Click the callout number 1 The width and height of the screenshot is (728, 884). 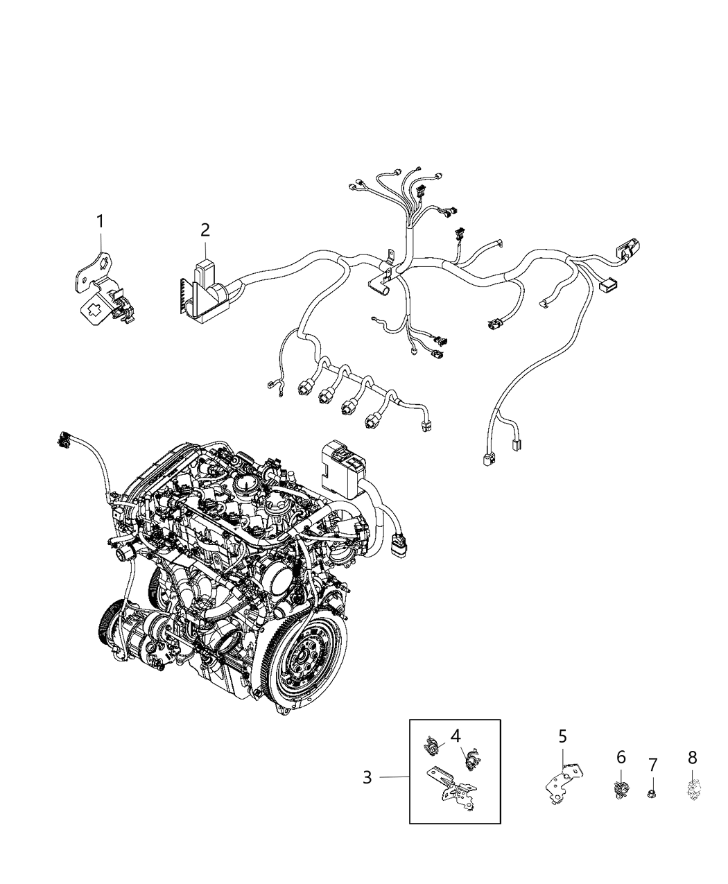click(x=101, y=222)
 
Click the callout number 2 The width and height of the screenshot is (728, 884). click(x=205, y=229)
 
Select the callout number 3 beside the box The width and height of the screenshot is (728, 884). click(x=367, y=777)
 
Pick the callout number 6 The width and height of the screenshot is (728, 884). click(x=621, y=758)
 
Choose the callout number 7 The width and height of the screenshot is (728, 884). click(x=652, y=765)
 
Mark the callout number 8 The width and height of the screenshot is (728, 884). click(x=692, y=758)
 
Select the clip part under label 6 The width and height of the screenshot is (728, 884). click(x=621, y=790)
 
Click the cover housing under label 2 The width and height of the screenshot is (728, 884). click(x=205, y=291)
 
